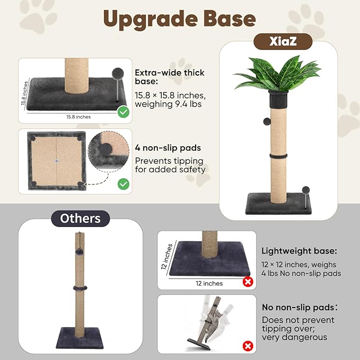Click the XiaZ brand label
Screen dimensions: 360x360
(283, 41)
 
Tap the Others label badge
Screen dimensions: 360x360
(80, 218)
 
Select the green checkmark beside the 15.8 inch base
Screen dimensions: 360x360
(124, 112)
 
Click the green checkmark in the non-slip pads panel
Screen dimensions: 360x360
(124, 184)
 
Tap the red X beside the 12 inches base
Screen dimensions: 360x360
(248, 282)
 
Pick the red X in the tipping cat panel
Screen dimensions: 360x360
(248, 346)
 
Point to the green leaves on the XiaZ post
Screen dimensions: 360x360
(278, 74)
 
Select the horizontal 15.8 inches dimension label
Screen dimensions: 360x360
(78, 117)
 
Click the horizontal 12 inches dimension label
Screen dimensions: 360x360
(209, 283)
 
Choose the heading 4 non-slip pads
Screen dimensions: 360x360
(168, 148)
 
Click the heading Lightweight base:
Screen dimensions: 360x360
(299, 251)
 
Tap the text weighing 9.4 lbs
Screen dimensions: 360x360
(168, 104)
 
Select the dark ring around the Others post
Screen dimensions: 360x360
(80, 288)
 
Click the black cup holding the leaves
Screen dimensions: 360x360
(278, 99)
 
